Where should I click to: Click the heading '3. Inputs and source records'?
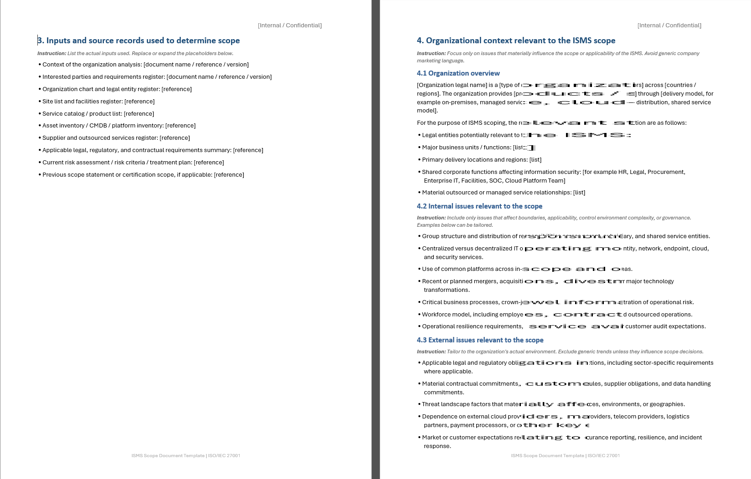pyautogui.click(x=139, y=41)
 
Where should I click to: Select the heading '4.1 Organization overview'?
pyautogui.click(x=458, y=73)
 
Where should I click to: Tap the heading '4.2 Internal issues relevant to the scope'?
pyautogui.click(x=479, y=206)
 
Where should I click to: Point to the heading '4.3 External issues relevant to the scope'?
pyautogui.click(x=480, y=340)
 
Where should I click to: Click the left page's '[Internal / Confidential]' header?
pyautogui.click(x=290, y=25)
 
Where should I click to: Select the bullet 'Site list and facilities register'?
pyautogui.click(x=98, y=102)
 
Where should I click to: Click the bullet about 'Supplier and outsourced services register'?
pyautogui.click(x=116, y=138)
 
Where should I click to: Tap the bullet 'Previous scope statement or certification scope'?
pyautogui.click(x=143, y=175)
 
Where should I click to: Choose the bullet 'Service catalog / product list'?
pyautogui.click(x=98, y=114)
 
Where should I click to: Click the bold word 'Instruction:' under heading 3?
pyautogui.click(x=51, y=53)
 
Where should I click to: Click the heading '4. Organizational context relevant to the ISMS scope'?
pyautogui.click(x=516, y=41)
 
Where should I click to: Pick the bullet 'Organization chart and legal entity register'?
pyautogui.click(x=117, y=89)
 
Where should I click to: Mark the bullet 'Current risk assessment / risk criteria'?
pyautogui.click(x=133, y=163)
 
